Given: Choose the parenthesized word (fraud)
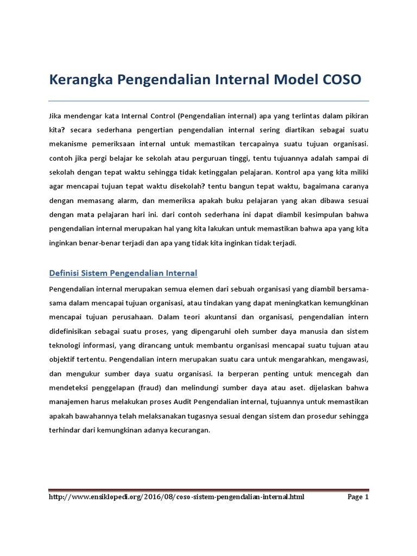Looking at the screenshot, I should pyautogui.click(x=154, y=387).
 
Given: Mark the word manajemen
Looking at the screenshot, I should pyautogui.click(x=71, y=401).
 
